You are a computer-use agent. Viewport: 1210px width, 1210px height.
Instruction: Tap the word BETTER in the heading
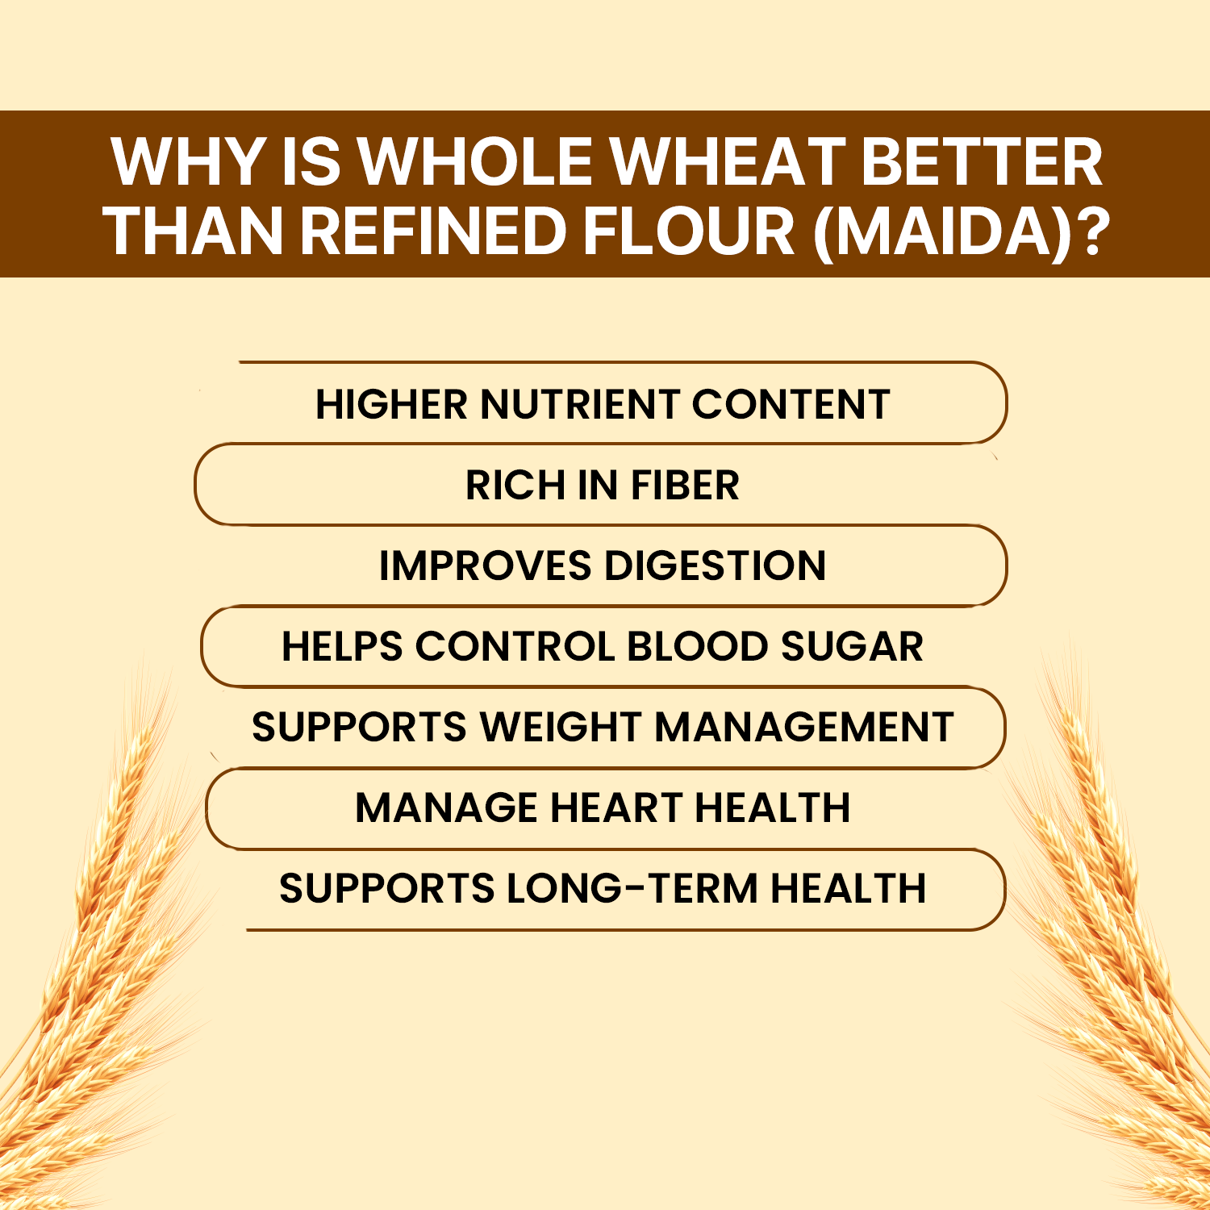click(x=982, y=161)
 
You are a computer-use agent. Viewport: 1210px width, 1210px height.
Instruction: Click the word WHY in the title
click(x=189, y=161)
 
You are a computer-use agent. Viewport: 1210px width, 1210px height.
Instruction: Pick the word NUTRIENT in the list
click(x=580, y=404)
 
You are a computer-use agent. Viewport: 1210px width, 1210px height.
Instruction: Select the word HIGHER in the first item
click(x=391, y=404)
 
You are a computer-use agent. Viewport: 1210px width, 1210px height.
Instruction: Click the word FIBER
click(x=685, y=485)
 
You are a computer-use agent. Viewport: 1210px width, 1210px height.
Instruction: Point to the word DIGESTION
click(x=716, y=565)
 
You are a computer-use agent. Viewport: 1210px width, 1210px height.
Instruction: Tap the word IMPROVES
click(x=485, y=565)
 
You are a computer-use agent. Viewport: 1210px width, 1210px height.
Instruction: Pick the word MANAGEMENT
click(x=804, y=727)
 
